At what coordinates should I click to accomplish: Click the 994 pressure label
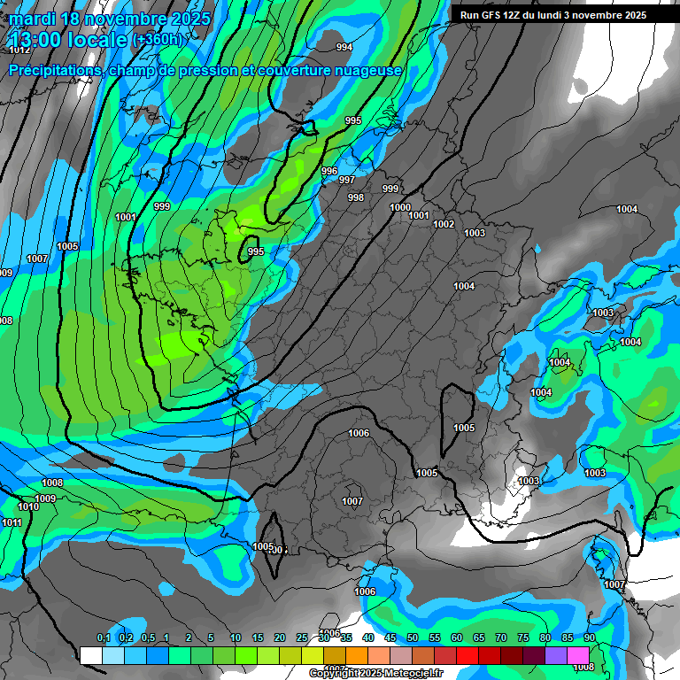pos(344,48)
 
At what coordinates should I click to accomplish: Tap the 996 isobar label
pos(329,171)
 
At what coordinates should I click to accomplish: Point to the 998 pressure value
pos(356,197)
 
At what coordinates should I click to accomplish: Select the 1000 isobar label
pos(400,207)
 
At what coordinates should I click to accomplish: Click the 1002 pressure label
pos(444,224)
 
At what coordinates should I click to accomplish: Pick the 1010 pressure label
pos(28,506)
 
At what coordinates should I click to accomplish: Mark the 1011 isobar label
pos(12,522)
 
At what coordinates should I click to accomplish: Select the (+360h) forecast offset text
pos(158,40)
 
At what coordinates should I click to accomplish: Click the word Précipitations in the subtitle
pos(56,70)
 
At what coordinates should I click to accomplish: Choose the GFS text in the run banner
pos(491,15)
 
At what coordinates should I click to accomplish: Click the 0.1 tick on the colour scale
pos(103,638)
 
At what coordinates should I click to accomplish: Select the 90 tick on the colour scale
pos(589,638)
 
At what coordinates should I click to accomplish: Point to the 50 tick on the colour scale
pos(413,638)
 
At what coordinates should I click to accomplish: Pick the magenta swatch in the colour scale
pos(578,655)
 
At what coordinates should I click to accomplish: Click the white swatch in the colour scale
pos(90,655)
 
